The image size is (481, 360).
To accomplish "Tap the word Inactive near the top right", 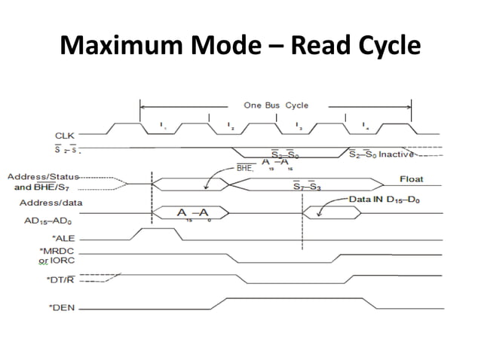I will [x=394, y=154].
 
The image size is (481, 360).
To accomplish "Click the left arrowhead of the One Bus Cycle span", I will [x=144, y=105].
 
